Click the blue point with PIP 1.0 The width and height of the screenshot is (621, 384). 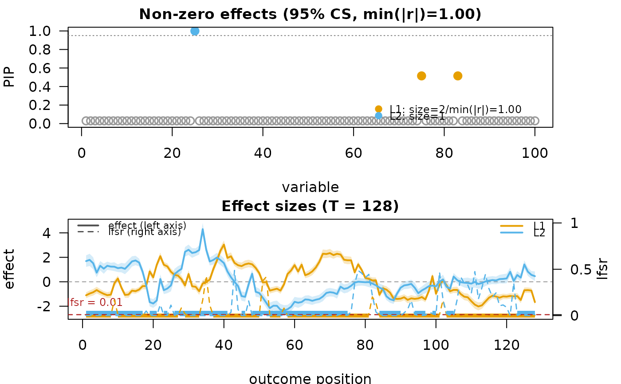(195, 31)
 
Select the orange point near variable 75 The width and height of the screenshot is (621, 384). (421, 76)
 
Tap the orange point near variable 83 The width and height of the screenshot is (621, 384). (458, 76)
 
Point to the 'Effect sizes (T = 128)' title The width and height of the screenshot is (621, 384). (310, 206)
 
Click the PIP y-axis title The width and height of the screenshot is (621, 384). (9, 77)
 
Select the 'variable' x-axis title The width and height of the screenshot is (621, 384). (310, 187)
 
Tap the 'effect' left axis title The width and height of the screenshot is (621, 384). (9, 269)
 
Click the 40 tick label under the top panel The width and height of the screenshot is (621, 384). (263, 153)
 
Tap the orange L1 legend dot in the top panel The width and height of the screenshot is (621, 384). (378, 109)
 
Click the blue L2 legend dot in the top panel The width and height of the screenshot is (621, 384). (378, 116)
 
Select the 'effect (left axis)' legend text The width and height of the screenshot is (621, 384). (147, 225)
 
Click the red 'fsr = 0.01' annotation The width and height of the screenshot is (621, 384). (96, 303)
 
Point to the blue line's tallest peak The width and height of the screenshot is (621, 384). (203, 229)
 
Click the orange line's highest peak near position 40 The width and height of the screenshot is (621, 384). (224, 244)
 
